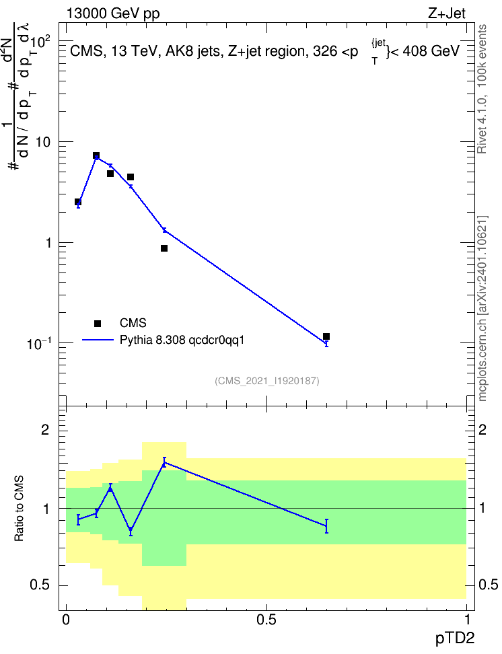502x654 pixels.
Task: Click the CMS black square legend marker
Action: (x=97, y=323)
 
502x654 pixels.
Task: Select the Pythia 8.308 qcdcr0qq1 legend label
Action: (x=182, y=340)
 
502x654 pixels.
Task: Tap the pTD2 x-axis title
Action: (x=454, y=638)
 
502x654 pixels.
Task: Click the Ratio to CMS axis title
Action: (x=19, y=509)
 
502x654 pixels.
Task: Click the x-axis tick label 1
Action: (x=467, y=620)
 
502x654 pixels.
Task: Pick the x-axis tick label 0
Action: (x=66, y=620)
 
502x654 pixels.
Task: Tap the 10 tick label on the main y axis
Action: (x=43, y=142)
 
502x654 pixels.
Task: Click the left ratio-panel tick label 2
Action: (x=46, y=429)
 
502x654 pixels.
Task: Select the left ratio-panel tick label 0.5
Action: (x=40, y=585)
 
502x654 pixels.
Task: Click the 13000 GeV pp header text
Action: (x=113, y=14)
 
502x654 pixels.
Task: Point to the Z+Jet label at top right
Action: (x=447, y=13)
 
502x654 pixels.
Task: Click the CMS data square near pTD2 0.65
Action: (x=326, y=336)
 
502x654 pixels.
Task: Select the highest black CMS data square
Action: (x=96, y=155)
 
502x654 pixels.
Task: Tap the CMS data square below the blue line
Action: (x=164, y=248)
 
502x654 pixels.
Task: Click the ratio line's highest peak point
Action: (x=164, y=462)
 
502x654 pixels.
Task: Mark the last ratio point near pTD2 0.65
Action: (x=326, y=526)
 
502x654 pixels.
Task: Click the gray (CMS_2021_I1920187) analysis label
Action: (x=267, y=381)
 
